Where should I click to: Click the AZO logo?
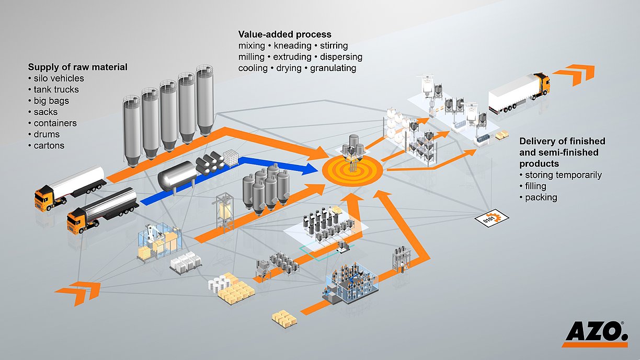click(x=596, y=334)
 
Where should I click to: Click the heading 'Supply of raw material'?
click(x=78, y=67)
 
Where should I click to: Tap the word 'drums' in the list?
click(x=47, y=134)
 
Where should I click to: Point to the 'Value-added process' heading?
click(x=285, y=34)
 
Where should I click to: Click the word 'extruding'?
click(x=292, y=57)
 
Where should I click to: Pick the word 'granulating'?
click(x=333, y=68)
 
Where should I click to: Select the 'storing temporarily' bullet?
click(x=563, y=175)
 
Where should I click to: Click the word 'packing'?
click(x=541, y=198)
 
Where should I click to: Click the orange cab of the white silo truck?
click(x=45, y=198)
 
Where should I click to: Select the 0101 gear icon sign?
click(x=492, y=218)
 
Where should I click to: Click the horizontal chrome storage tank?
click(x=177, y=176)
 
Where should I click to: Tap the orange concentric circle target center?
click(x=352, y=170)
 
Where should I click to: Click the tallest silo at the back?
click(x=204, y=100)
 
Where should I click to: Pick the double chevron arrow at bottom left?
click(x=78, y=293)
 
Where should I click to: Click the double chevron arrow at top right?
click(x=574, y=75)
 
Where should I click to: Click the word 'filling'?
click(x=535, y=186)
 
